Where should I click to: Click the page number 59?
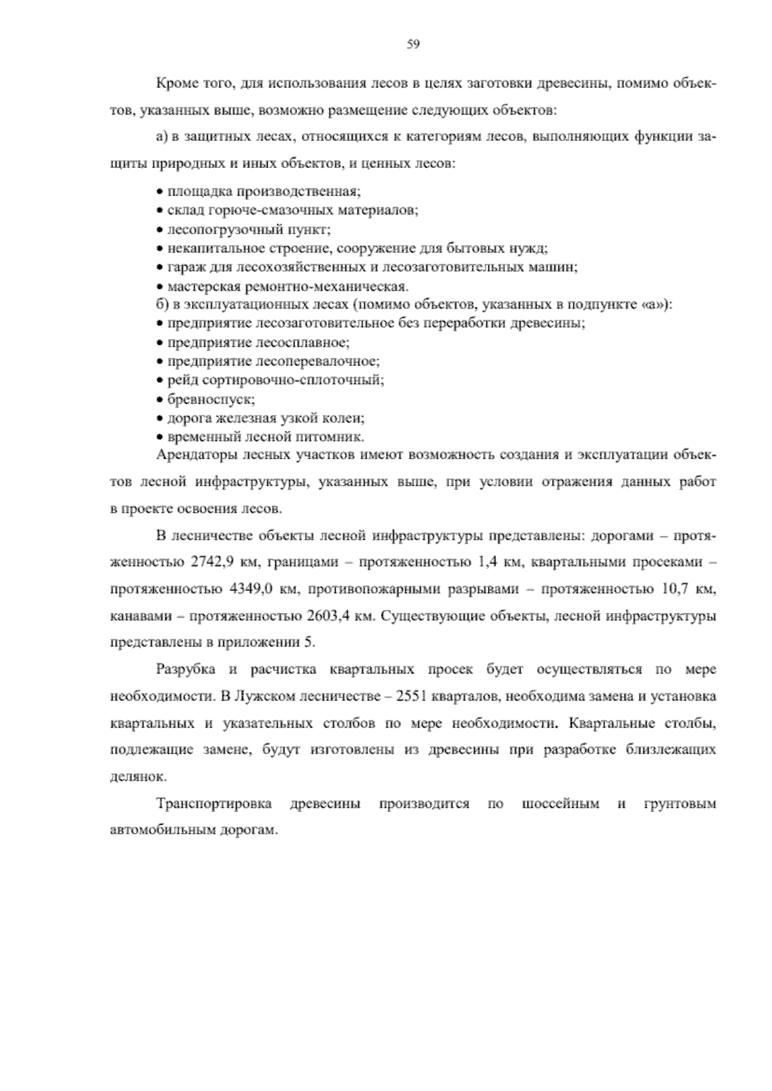pos(414,44)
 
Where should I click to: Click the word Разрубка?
pos(186,669)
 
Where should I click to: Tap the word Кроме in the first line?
pos(173,84)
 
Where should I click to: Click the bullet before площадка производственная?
pos(160,192)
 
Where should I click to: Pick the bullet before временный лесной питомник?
pos(160,437)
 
